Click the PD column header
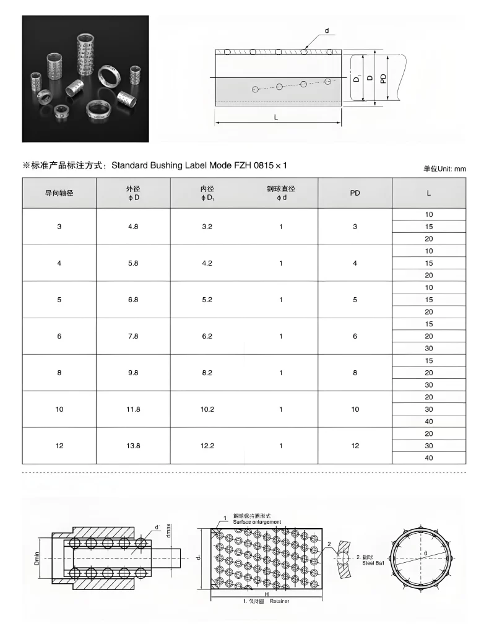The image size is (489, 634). tap(355, 193)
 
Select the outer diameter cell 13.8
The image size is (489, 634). tap(132, 446)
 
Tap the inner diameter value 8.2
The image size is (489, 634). tap(207, 373)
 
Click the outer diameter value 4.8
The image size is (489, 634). tap(132, 227)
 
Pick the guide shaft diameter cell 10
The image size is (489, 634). tap(59, 409)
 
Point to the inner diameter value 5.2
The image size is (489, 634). tap(207, 300)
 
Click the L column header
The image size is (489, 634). tap(429, 193)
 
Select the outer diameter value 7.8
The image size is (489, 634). tap(132, 336)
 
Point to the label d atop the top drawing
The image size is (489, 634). tap(326, 31)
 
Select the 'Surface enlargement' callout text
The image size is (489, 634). tap(257, 522)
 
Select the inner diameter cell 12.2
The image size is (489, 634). tap(207, 446)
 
